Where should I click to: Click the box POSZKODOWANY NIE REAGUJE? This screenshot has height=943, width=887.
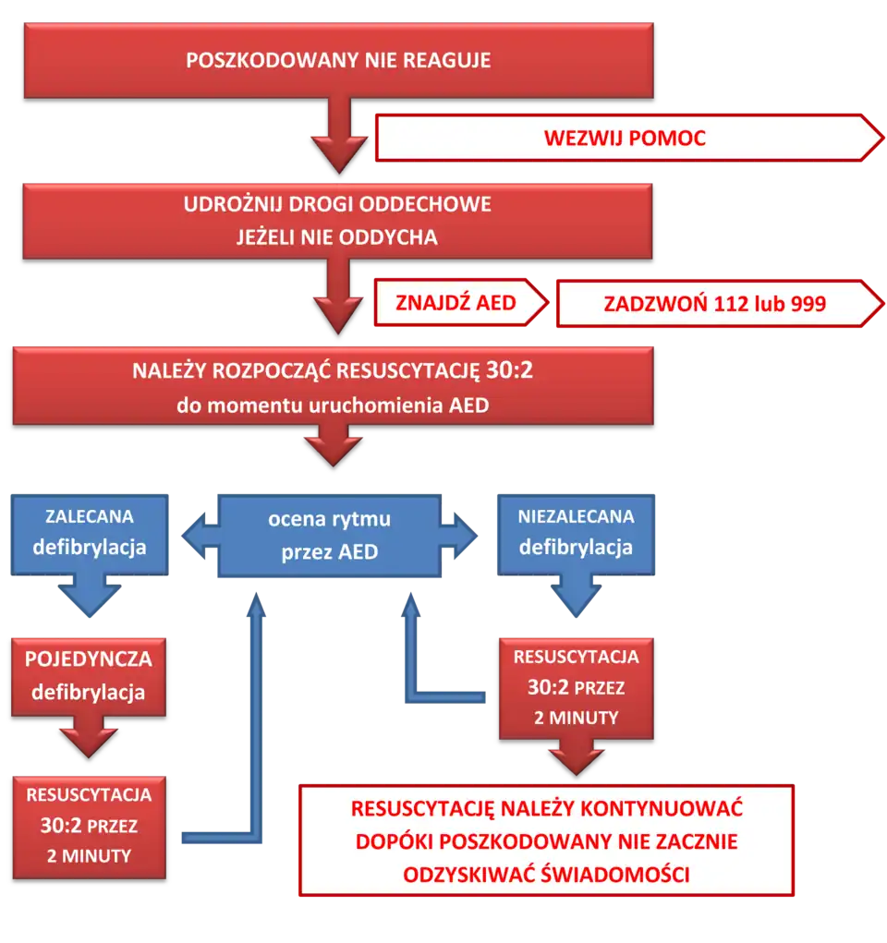338,61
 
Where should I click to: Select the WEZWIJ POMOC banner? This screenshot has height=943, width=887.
625,139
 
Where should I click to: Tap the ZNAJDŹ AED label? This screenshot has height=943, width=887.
456,303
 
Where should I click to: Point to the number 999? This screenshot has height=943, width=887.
808,304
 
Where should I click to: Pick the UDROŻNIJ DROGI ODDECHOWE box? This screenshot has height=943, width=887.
338,204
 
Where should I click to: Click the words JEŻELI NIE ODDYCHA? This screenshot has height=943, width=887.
338,237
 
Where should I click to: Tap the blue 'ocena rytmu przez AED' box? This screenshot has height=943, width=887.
329,535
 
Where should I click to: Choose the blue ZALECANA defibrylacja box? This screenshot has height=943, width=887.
90,533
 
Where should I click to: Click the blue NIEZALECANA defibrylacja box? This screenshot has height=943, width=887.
576,533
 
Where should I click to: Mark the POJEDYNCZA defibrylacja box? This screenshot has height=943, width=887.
89,675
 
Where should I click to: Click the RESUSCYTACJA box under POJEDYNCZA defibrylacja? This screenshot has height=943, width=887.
89,826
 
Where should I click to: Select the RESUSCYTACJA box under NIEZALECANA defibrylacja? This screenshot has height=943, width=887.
576,687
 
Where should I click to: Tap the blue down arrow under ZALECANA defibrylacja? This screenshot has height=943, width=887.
90,596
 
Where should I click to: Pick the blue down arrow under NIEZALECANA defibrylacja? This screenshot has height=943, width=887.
576,596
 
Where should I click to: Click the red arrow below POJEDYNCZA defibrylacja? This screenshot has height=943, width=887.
89,739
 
